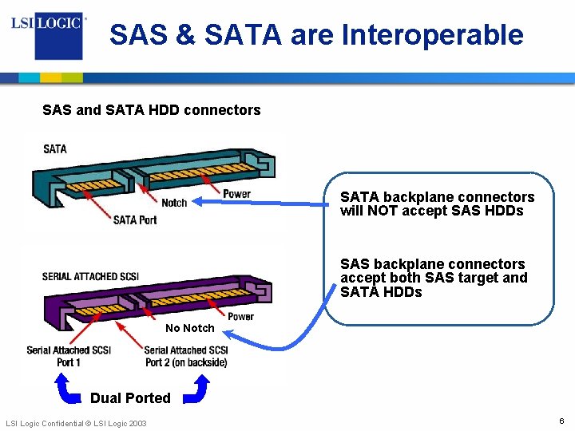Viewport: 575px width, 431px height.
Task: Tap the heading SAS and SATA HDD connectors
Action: coord(152,110)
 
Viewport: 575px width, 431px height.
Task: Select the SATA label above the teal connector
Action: coord(55,148)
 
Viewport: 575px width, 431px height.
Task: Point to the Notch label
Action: coord(174,203)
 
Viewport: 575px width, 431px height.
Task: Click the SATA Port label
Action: coord(135,219)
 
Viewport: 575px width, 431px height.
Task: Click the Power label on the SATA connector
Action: coord(236,194)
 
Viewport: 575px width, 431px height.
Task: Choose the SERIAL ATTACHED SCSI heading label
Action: coord(90,276)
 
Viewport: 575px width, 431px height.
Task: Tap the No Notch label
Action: coord(189,328)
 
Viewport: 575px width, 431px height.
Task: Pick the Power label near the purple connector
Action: coord(240,316)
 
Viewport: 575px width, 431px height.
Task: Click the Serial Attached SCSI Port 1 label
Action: coord(69,356)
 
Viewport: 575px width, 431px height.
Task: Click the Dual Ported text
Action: coord(130,397)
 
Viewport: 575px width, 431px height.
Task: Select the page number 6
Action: coord(561,421)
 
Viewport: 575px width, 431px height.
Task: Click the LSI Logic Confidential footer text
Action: coord(76,422)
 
